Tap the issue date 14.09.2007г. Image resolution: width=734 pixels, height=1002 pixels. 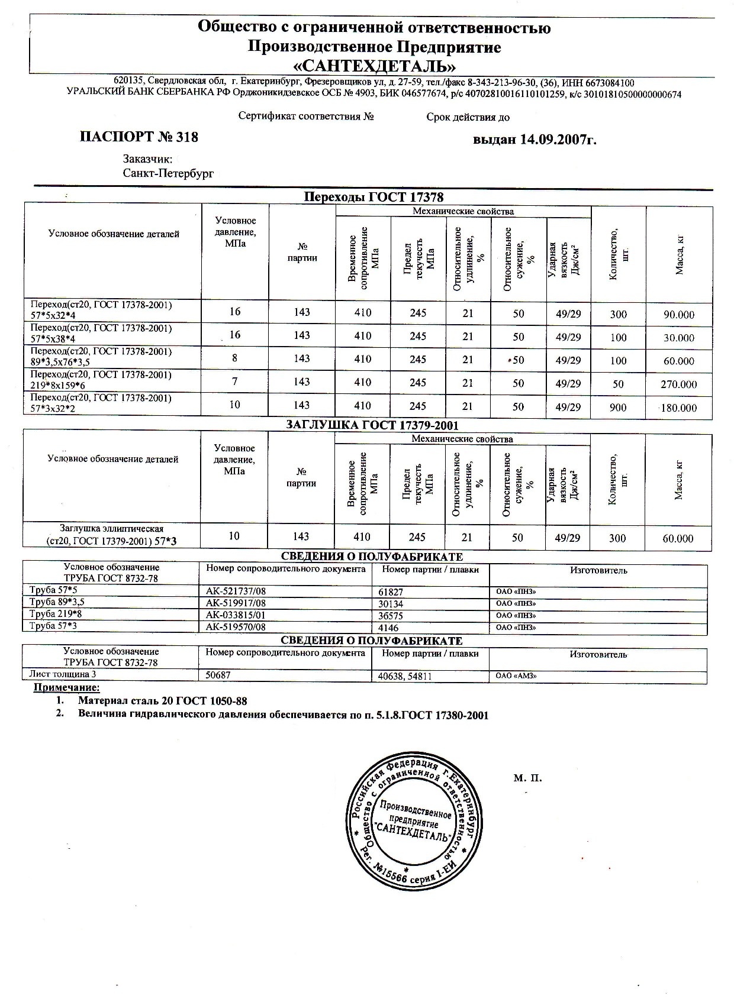[x=558, y=140]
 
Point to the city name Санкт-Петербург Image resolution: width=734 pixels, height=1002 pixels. [x=168, y=174]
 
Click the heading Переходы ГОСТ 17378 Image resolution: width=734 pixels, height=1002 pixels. [x=373, y=197]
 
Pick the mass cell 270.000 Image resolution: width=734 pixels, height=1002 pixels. [x=679, y=384]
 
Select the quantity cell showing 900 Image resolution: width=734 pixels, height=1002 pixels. [x=618, y=408]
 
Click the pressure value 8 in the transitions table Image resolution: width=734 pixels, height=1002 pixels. [x=235, y=358]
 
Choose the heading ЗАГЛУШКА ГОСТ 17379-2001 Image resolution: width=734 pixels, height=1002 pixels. [x=372, y=425]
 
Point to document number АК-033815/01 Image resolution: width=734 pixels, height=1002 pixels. [x=236, y=615]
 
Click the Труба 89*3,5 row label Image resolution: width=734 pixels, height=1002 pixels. [x=57, y=602]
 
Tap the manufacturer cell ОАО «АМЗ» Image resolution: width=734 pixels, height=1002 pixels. [x=516, y=675]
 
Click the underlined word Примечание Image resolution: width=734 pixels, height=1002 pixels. [x=66, y=687]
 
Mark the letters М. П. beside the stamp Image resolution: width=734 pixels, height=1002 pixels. [x=527, y=778]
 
